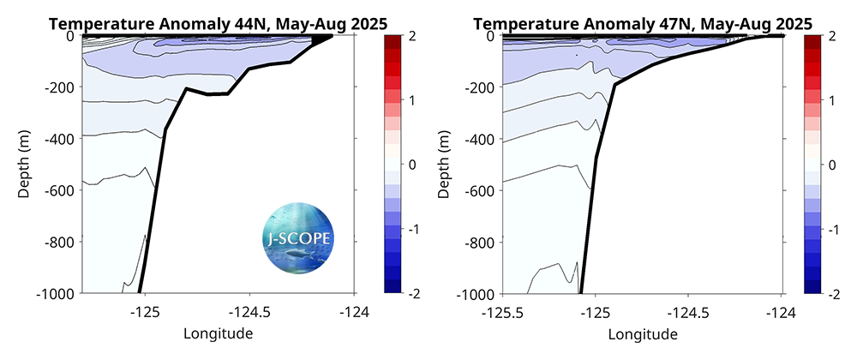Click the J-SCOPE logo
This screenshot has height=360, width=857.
pos(297,237)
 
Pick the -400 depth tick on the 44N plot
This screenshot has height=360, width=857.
pos(62,139)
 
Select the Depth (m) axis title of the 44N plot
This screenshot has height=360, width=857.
pos(25,165)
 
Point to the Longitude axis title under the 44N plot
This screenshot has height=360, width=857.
pos(218,333)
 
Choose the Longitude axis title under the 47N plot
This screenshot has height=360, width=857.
pos(641,333)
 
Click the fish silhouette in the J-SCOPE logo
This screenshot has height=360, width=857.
pos(297,254)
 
